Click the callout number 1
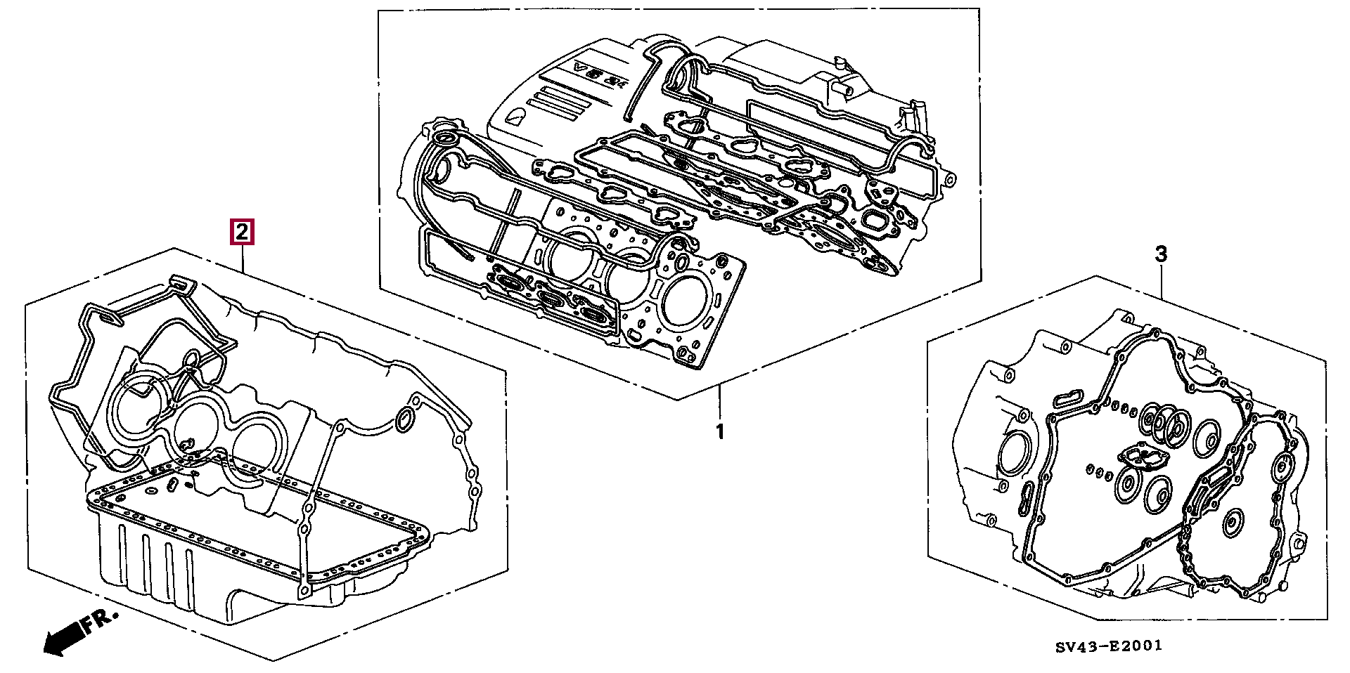719,431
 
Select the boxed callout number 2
242,232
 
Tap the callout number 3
1161,254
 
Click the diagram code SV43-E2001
1107,646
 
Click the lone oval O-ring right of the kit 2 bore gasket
404,420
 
